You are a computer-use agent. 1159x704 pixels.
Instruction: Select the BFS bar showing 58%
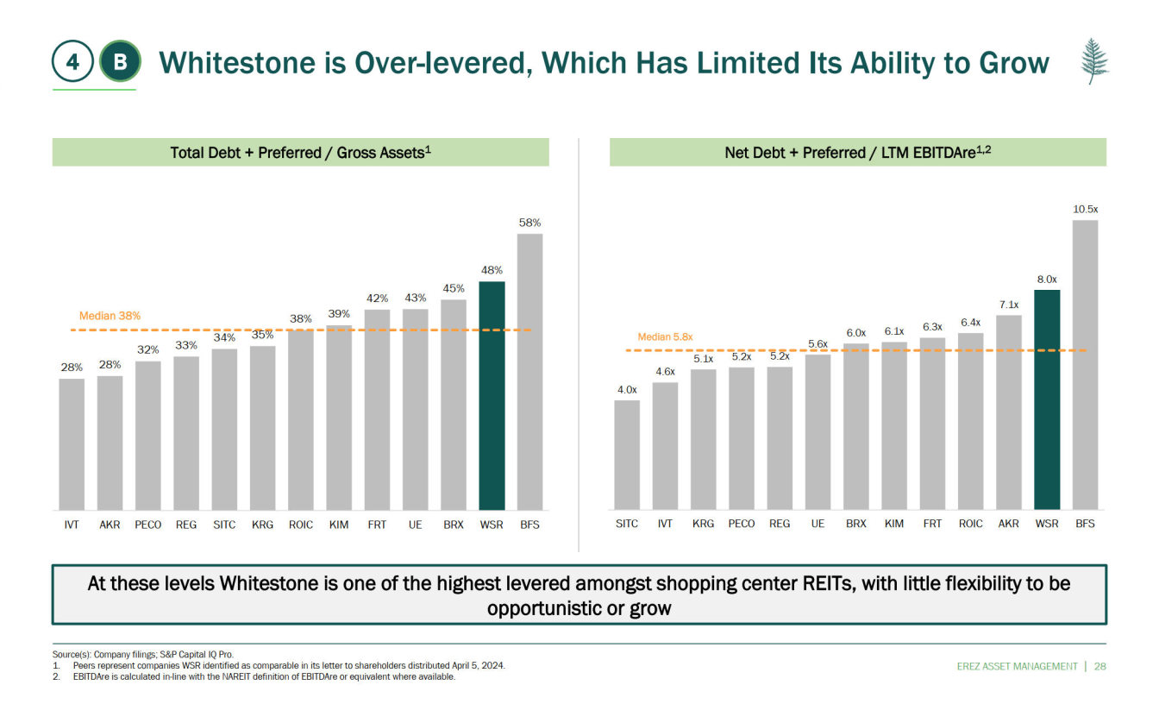click(529, 371)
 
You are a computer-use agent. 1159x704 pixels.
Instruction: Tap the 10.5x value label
click(1085, 209)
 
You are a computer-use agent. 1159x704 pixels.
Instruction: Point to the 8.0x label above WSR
click(1047, 279)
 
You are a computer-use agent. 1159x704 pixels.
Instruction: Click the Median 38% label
click(110, 317)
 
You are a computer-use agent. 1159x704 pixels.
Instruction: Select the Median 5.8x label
click(665, 336)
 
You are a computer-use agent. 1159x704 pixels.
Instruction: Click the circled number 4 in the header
click(73, 62)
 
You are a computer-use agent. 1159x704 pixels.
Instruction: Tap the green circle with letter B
click(119, 62)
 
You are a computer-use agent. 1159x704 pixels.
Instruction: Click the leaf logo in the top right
click(1094, 60)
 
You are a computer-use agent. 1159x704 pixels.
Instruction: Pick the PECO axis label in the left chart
click(148, 524)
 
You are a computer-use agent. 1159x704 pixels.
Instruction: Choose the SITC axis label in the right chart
click(627, 524)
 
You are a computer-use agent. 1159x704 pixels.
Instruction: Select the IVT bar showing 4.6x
click(665, 445)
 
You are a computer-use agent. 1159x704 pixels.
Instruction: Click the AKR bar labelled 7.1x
click(1009, 412)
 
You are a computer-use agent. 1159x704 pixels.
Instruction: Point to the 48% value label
click(492, 270)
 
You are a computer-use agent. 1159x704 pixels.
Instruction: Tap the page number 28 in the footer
click(1099, 666)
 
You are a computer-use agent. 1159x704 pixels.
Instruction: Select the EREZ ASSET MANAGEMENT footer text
click(1017, 666)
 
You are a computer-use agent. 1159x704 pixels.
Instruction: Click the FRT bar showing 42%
click(377, 409)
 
